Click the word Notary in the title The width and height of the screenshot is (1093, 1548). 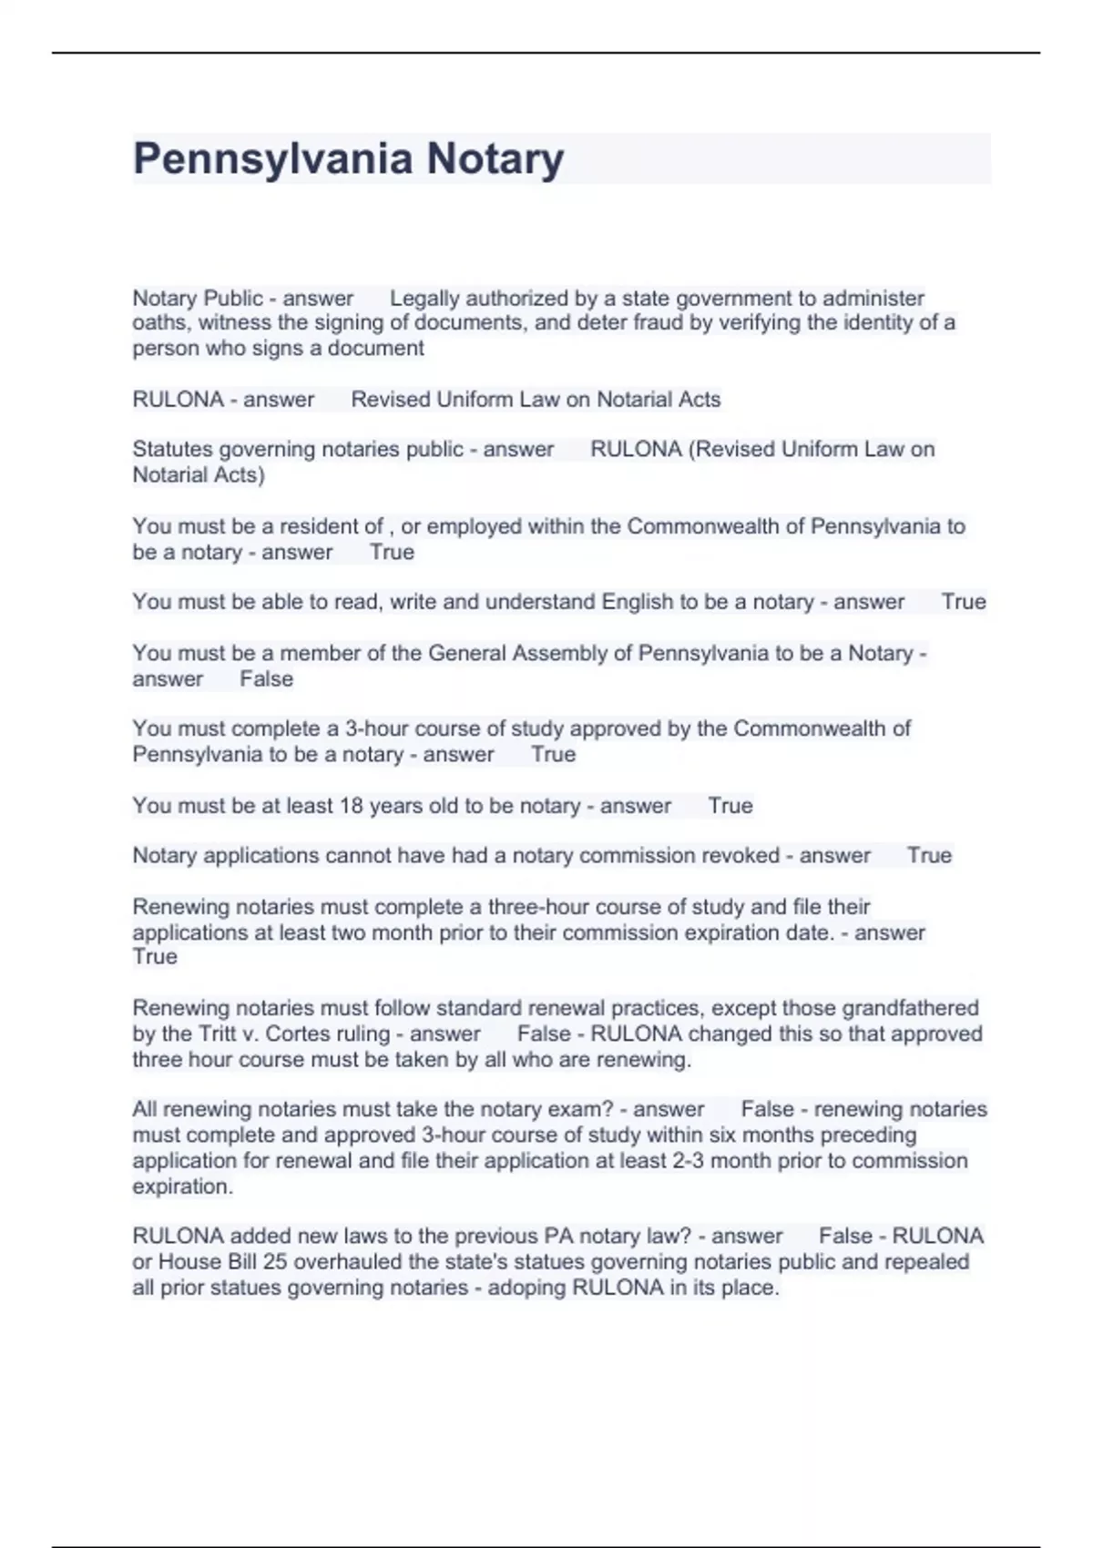pos(495,159)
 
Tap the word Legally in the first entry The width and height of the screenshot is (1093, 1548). pos(425,298)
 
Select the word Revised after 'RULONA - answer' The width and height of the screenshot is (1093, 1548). pos(389,399)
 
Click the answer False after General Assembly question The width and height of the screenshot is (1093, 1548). pos(266,678)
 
